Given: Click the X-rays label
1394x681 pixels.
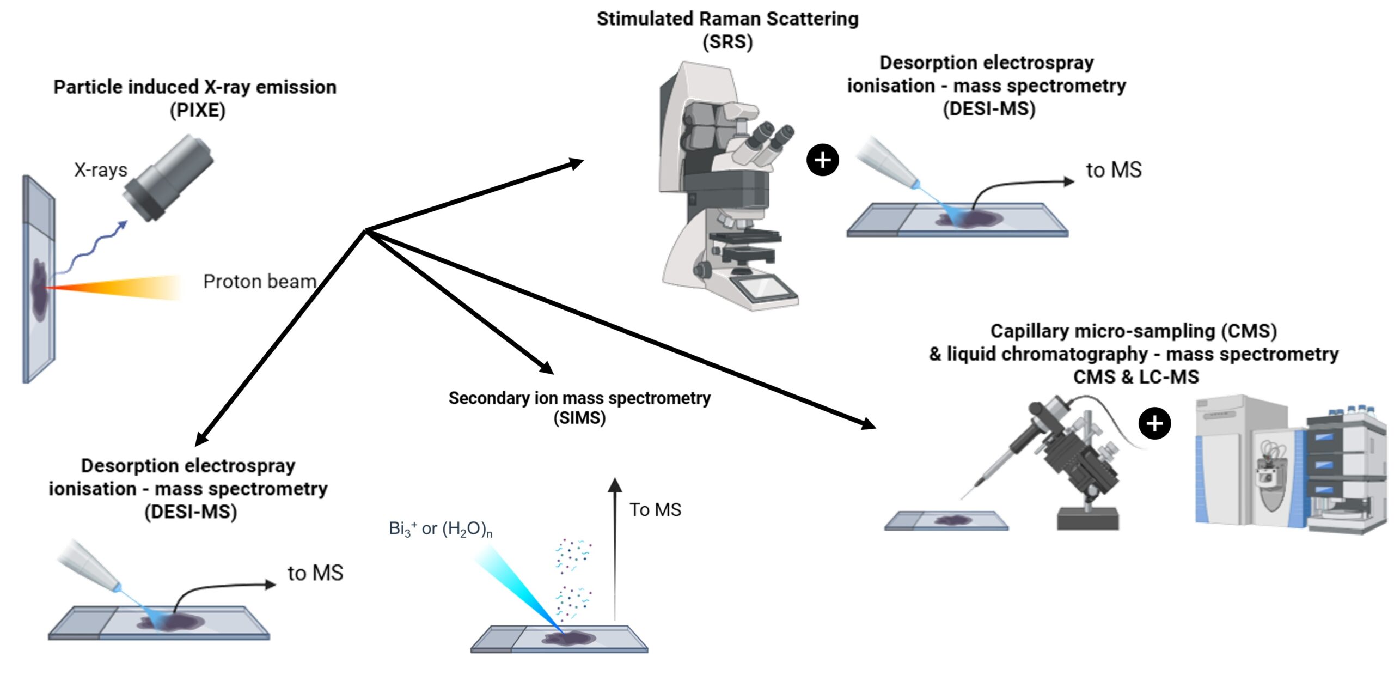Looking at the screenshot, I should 101,170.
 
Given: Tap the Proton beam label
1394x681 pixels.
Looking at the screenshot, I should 259,282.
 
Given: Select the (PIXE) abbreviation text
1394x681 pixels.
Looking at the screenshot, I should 197,111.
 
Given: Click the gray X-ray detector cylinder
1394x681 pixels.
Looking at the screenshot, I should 169,178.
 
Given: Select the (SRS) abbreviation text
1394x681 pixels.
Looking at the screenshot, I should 727,42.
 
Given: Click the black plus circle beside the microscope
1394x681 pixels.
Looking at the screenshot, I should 822,160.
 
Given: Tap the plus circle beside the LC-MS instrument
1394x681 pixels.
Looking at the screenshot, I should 1154,423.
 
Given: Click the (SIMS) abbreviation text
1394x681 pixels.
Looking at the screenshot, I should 579,418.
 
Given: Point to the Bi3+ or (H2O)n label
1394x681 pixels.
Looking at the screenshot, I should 441,528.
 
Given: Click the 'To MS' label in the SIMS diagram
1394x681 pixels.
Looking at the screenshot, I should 655,510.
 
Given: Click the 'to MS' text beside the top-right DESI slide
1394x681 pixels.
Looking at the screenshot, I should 1114,170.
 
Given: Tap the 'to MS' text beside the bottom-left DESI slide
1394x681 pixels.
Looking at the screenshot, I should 315,573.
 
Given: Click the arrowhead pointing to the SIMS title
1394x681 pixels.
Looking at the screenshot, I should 545,367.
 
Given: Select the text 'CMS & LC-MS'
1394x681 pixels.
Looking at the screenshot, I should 1136,377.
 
